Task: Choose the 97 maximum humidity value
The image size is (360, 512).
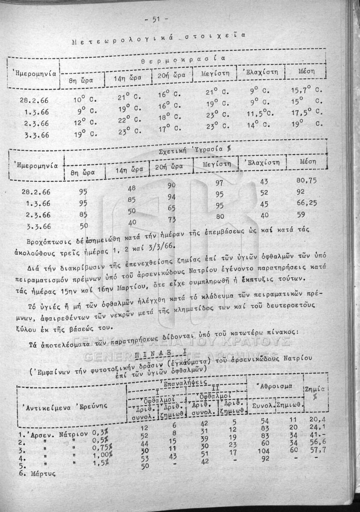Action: (220, 183)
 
